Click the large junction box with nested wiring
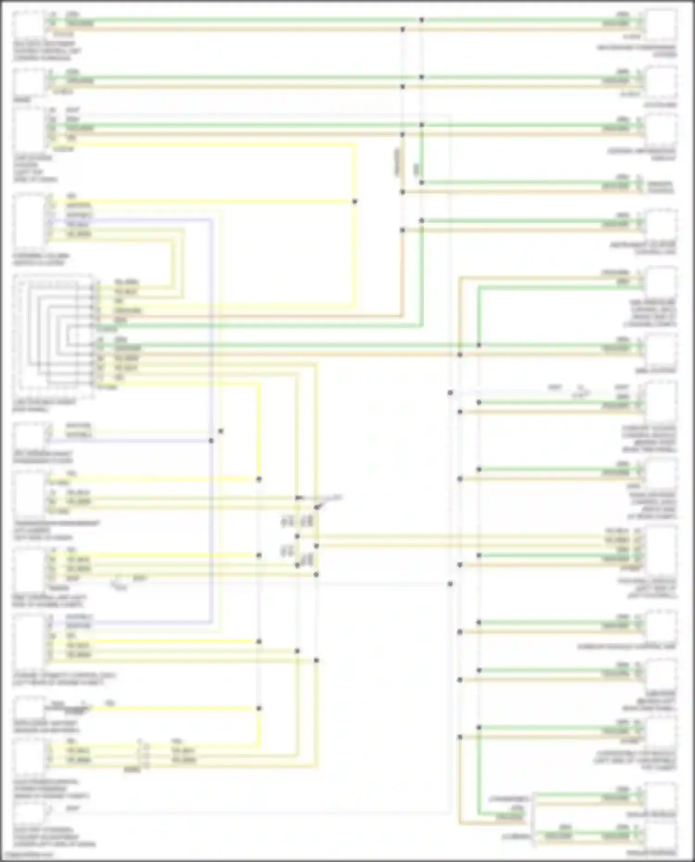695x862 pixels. pos(53,335)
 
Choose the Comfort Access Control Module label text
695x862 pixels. pos(649,439)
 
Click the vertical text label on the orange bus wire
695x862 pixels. pos(397,162)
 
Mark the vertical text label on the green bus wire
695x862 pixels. pos(416,170)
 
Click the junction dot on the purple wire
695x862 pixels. pos(211,440)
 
